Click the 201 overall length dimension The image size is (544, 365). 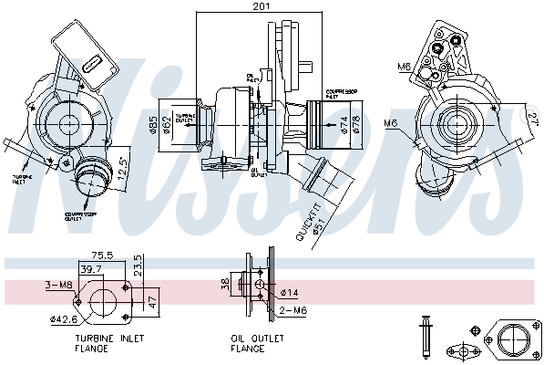pos(261,7)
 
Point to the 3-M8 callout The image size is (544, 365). pos(57,285)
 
